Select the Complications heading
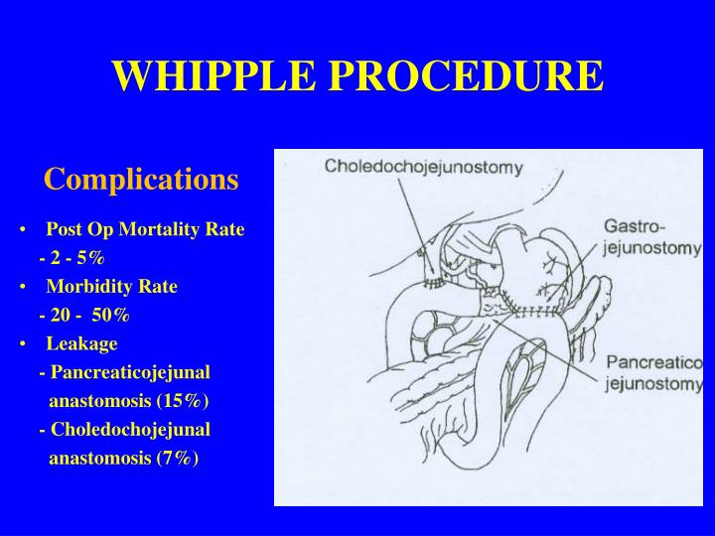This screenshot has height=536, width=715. coord(141,179)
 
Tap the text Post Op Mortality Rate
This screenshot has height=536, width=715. coord(144,229)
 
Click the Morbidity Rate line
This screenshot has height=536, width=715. coord(111,287)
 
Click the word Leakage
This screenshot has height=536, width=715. coord(81,343)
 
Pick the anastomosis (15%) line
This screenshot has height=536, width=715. coord(129,401)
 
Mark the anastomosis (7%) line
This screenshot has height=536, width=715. coord(124,459)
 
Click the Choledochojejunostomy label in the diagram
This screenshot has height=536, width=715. coord(423,168)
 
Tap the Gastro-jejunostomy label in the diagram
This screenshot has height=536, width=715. coord(651,238)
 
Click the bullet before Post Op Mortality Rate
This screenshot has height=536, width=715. coord(22,230)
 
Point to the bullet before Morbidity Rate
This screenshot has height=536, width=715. coord(22,288)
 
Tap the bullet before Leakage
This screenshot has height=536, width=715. coord(22,344)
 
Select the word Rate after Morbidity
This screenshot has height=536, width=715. coord(159,287)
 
